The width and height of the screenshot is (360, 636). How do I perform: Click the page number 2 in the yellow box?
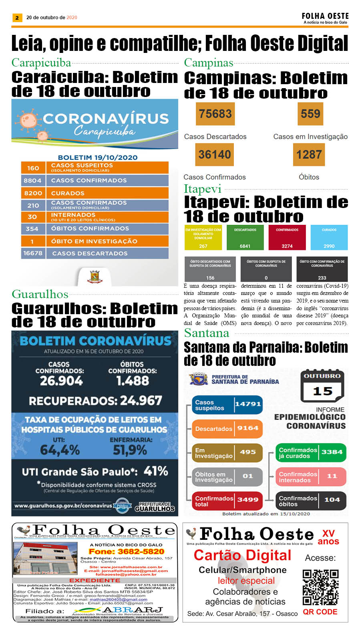[x=17, y=18]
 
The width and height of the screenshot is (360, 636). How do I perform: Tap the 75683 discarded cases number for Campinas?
[x=215, y=114]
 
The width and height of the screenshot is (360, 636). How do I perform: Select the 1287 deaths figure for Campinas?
[x=309, y=154]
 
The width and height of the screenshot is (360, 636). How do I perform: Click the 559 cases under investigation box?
[x=310, y=114]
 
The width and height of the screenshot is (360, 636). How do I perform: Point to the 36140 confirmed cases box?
[x=215, y=154]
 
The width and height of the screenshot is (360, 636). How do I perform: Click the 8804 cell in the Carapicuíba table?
[x=33, y=180]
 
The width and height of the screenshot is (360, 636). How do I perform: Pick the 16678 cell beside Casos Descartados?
[x=33, y=253]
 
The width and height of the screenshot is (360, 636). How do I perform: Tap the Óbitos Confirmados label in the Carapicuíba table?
[x=90, y=228]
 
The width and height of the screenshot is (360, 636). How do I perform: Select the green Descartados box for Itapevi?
[x=245, y=238]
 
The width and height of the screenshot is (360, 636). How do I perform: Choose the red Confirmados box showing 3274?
[x=287, y=238]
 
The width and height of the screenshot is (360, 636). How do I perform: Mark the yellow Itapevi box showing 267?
[x=203, y=238]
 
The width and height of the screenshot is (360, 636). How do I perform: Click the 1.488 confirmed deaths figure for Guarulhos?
[x=133, y=380]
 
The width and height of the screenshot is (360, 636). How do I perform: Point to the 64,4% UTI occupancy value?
[x=60, y=450]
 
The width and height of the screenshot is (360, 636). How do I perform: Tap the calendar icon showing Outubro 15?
[x=322, y=386]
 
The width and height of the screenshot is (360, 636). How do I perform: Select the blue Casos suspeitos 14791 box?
[x=227, y=405]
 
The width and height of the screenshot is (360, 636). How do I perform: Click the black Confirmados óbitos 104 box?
[x=311, y=501]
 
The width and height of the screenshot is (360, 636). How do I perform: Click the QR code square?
[x=320, y=587]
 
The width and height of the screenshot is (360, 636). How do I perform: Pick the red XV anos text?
[x=328, y=537]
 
